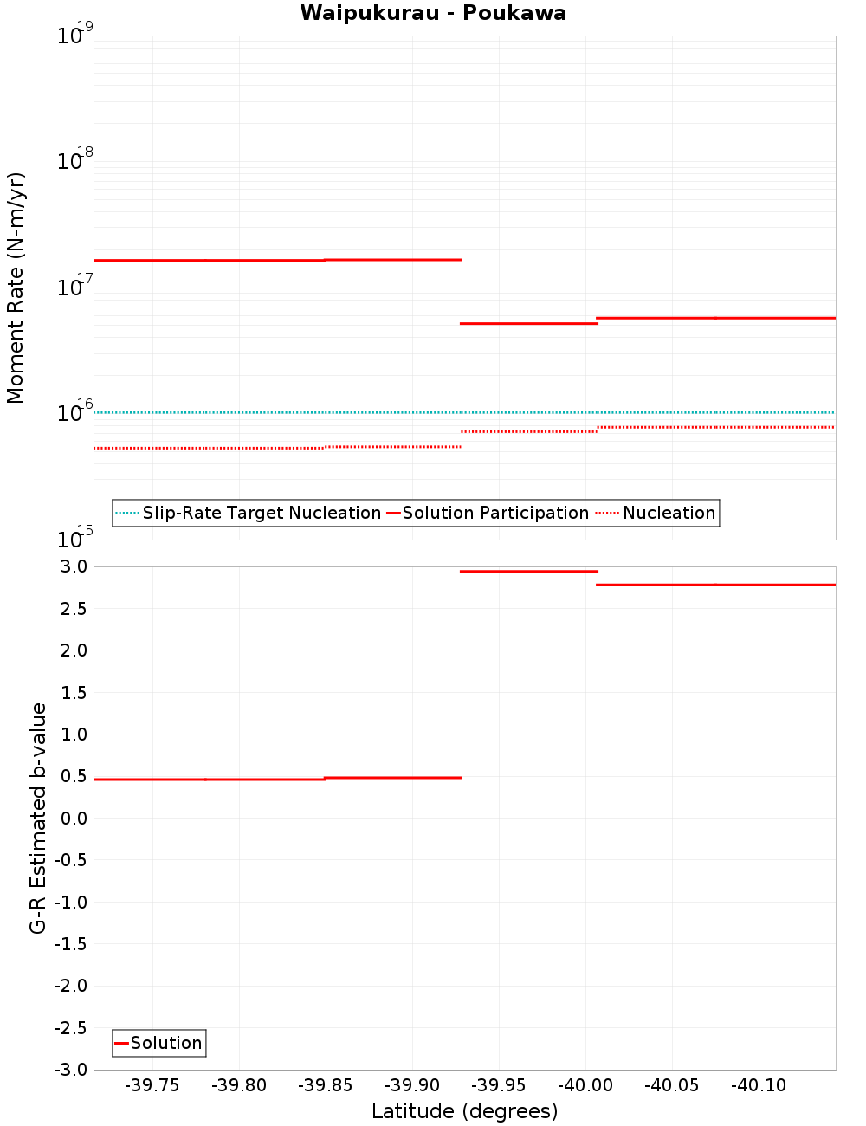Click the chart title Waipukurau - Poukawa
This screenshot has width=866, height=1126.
pyautogui.click(x=433, y=13)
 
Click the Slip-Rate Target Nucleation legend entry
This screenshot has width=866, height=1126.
pyautogui.click(x=261, y=513)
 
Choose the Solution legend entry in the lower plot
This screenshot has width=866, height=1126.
pyautogui.click(x=165, y=1043)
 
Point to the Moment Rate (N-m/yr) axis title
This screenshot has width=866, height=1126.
pyautogui.click(x=16, y=288)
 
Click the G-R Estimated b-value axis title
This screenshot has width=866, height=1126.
pyautogui.click(x=38, y=818)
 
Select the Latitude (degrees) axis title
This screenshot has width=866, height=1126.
pyautogui.click(x=464, y=1111)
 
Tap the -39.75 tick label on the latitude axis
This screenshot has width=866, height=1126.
pyautogui.click(x=152, y=1086)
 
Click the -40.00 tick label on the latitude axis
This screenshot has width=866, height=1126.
pyautogui.click(x=585, y=1086)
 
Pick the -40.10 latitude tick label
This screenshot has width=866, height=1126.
pyautogui.click(x=759, y=1086)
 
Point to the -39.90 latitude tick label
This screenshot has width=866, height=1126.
pyautogui.click(x=412, y=1086)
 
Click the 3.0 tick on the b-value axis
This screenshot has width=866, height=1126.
pyautogui.click(x=74, y=566)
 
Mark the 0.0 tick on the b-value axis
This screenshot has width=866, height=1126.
pyautogui.click(x=74, y=818)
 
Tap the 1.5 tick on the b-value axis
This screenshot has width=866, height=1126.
pyautogui.click(x=74, y=692)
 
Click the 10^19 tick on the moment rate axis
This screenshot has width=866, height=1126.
pyautogui.click(x=74, y=36)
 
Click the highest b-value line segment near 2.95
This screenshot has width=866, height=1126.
pyautogui.click(x=528, y=572)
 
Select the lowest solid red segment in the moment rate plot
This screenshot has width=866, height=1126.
pyautogui.click(x=528, y=323)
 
